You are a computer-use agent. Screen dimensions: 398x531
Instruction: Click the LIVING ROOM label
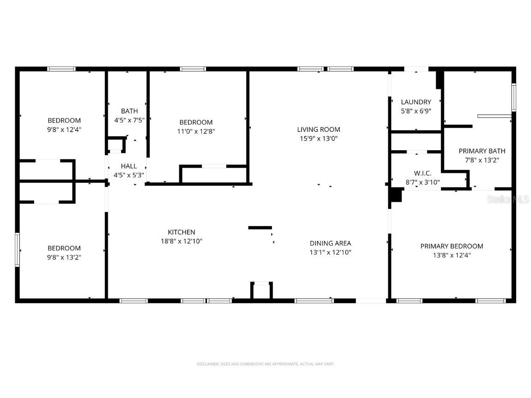pyautogui.click(x=319, y=129)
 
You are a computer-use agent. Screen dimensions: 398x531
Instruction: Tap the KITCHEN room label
pyautogui.click(x=181, y=232)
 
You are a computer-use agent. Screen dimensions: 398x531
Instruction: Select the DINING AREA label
pyautogui.click(x=330, y=243)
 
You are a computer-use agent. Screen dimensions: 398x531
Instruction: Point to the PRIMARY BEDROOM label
pyautogui.click(x=451, y=246)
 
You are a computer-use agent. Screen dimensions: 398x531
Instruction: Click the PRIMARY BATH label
pyautogui.click(x=482, y=151)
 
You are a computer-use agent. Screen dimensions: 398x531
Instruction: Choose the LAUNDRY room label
pyautogui.click(x=416, y=102)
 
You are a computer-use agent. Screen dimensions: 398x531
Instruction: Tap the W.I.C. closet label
pyautogui.click(x=422, y=173)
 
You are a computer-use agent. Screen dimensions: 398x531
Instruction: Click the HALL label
pyautogui.click(x=129, y=166)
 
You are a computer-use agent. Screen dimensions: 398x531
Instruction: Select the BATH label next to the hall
pyautogui.click(x=129, y=111)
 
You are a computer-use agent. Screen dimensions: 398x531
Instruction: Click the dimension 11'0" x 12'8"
pyautogui.click(x=196, y=131)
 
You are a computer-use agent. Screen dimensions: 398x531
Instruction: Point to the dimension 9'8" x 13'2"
pyautogui.click(x=64, y=257)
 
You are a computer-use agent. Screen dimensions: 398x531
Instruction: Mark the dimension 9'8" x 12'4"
pyautogui.click(x=64, y=129)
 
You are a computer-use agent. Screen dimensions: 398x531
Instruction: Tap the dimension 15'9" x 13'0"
pyautogui.click(x=319, y=138)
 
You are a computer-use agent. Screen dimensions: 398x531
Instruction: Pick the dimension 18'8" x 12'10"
pyautogui.click(x=181, y=241)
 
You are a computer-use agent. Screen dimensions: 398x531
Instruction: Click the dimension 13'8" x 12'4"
pyautogui.click(x=451, y=255)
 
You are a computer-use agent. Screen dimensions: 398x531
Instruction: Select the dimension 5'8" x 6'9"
pyautogui.click(x=416, y=111)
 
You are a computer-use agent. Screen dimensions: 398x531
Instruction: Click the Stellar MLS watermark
pyautogui.click(x=509, y=199)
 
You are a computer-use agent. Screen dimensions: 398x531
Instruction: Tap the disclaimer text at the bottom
pyautogui.click(x=265, y=364)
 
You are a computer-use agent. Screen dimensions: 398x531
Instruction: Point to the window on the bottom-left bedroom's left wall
pyautogui.click(x=18, y=250)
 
